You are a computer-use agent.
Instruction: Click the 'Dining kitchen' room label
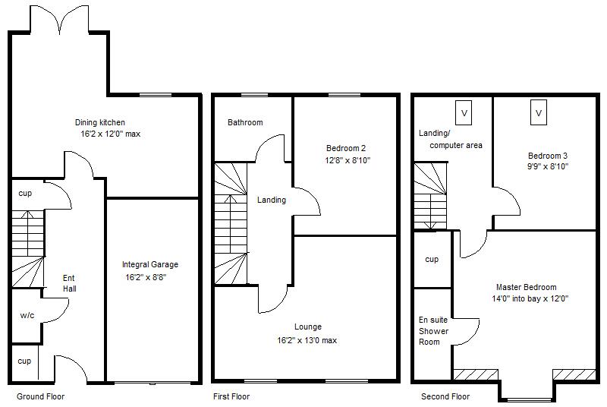tap(99, 122)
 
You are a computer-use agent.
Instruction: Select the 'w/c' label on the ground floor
tap(27, 315)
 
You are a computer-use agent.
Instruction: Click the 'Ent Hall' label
tap(69, 283)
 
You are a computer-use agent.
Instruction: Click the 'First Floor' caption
tap(231, 396)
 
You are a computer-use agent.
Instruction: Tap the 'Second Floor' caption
tap(445, 396)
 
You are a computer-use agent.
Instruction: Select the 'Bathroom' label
tap(245, 122)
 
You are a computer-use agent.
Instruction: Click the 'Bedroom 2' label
tap(347, 148)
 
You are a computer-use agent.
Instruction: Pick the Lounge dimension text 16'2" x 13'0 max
tap(307, 340)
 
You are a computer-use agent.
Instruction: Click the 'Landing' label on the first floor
tap(271, 200)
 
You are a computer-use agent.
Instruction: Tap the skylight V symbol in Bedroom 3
tap(538, 113)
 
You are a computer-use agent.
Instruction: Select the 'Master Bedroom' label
tap(526, 287)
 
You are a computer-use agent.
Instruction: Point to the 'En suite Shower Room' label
tap(433, 330)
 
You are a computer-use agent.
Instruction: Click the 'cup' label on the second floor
tap(432, 260)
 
